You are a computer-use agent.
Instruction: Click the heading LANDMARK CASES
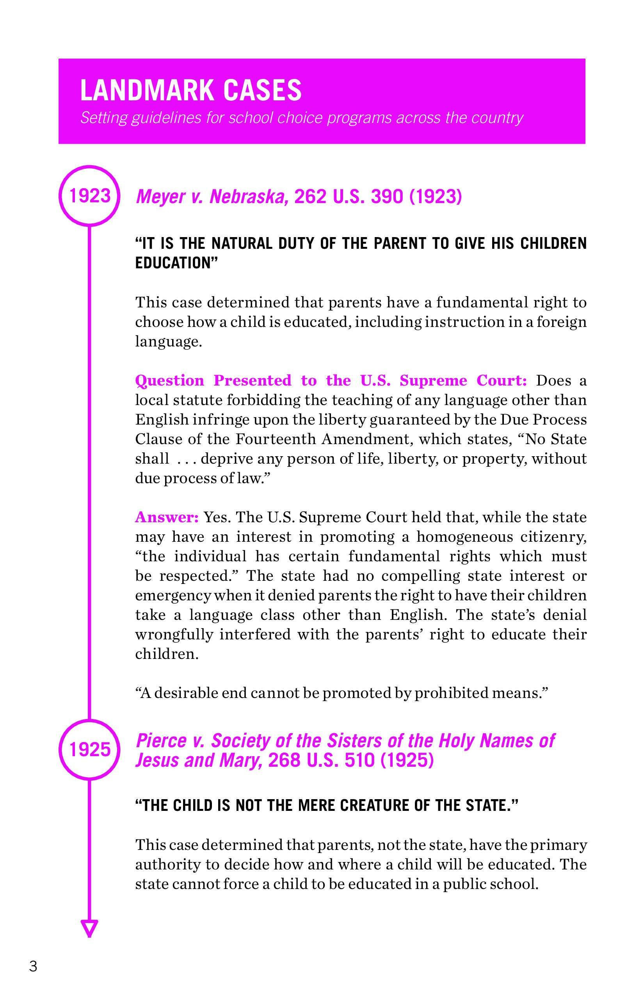point(191,90)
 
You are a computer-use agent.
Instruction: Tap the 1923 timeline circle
point(89,196)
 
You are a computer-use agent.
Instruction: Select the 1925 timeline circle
point(89,749)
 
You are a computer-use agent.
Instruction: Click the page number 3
point(33,966)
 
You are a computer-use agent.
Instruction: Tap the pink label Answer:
point(166,517)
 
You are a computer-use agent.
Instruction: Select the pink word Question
point(169,380)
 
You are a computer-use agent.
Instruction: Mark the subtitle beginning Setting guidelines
point(301,118)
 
